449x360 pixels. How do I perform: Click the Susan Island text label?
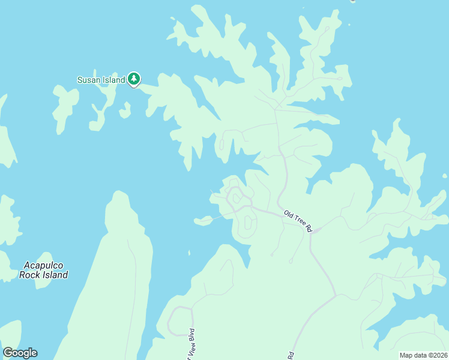click(x=101, y=80)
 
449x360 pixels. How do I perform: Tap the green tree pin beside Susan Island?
click(x=134, y=79)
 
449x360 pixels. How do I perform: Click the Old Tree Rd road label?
click(x=298, y=221)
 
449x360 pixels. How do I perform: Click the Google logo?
click(x=20, y=353)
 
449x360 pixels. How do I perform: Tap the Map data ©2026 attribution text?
click(x=423, y=355)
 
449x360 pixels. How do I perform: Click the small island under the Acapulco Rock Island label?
click(x=43, y=280)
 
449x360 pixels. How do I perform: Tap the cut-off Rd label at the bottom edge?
click(x=291, y=355)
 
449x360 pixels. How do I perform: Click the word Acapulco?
click(x=43, y=265)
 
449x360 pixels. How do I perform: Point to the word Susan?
click(x=88, y=80)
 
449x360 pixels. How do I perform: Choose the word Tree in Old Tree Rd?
click(x=298, y=220)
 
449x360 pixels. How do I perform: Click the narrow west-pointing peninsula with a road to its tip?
click(x=204, y=221)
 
